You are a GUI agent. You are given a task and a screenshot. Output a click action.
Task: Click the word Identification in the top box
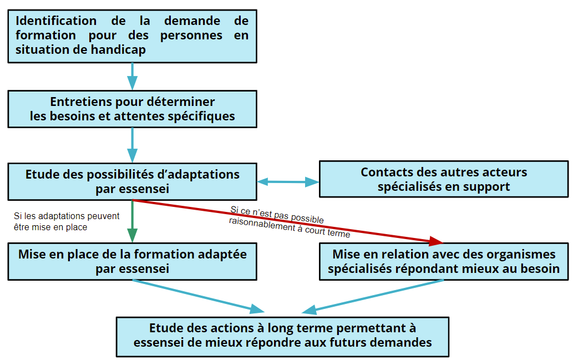click(x=56, y=21)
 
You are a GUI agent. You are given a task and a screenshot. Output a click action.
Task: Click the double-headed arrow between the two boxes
click(x=288, y=181)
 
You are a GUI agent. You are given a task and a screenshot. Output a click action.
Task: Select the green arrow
click(x=132, y=221)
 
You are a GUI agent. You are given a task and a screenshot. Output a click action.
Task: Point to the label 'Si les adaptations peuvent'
click(x=67, y=216)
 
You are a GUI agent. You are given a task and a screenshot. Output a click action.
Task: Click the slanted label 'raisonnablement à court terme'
click(x=290, y=227)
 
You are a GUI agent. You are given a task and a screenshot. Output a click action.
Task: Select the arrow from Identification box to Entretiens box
click(x=132, y=77)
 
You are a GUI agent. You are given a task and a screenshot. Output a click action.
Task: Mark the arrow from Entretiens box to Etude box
click(x=132, y=145)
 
